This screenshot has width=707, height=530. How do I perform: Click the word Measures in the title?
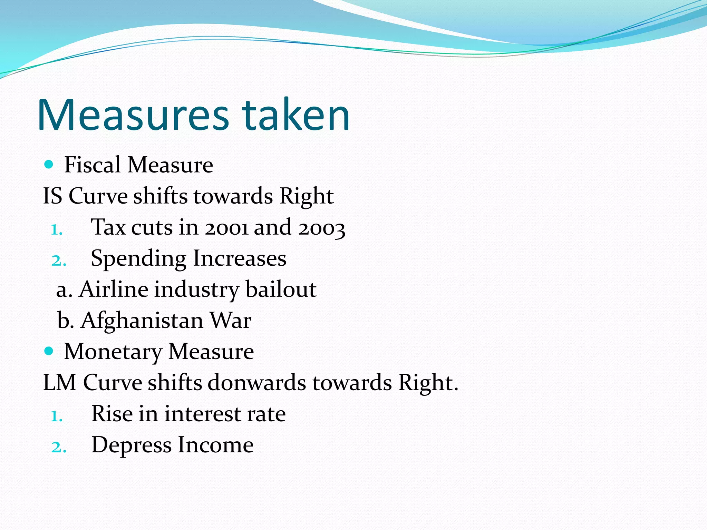(x=133, y=115)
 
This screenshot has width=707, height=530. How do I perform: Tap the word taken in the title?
(x=296, y=115)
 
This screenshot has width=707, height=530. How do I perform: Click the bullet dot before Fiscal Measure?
(x=49, y=165)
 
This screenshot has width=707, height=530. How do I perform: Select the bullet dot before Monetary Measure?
(x=49, y=351)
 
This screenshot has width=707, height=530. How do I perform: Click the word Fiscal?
(x=92, y=165)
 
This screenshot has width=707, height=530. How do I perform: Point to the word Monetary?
(x=113, y=352)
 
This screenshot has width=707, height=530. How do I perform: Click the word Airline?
(x=113, y=289)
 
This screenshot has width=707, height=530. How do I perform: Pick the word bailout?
(x=281, y=289)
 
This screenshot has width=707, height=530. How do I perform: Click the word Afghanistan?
(x=142, y=321)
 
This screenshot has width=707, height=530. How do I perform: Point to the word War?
(x=231, y=320)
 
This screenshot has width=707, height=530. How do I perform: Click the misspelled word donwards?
(x=256, y=382)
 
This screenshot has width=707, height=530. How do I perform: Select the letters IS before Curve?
(x=52, y=196)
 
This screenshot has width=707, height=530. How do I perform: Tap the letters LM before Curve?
(x=59, y=382)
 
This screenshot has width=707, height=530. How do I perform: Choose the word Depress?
(x=131, y=445)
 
